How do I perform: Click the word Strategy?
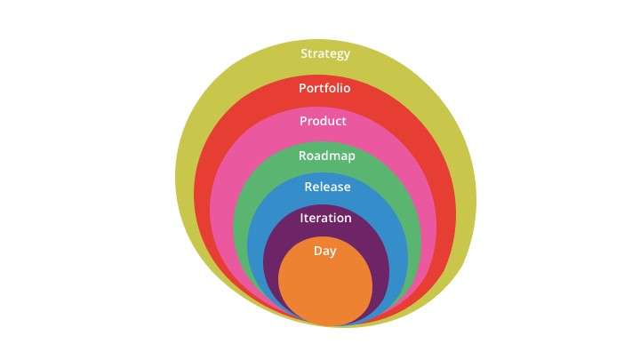[x=325, y=54]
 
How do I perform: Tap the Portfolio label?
[x=324, y=88]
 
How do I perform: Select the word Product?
[x=323, y=121]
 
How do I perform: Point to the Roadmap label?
[x=326, y=156]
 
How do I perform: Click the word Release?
[x=327, y=187]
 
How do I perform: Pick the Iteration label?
[x=325, y=218]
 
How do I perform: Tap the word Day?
[x=325, y=251]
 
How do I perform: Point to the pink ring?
[x=221, y=204]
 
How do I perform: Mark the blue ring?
[x=255, y=245]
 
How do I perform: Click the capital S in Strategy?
[x=304, y=53]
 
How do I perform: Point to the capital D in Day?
[x=317, y=250]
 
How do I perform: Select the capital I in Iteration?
[x=301, y=218]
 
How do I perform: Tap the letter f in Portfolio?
[x=325, y=88]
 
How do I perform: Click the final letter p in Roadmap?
[x=351, y=157]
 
